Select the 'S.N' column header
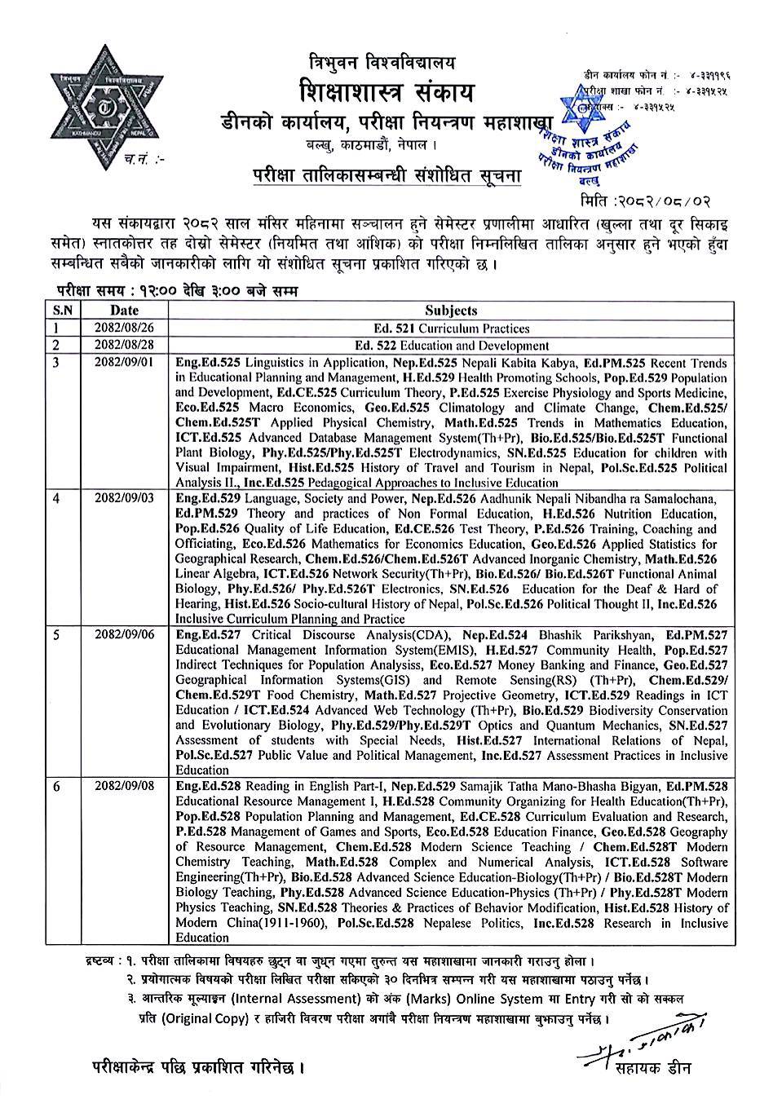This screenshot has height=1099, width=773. pyautogui.click(x=63, y=310)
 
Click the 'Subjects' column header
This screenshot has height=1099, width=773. pyautogui.click(x=451, y=310)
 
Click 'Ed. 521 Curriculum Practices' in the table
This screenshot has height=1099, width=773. pyautogui.click(x=452, y=329)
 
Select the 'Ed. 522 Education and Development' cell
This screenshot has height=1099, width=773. pyautogui.click(x=451, y=346)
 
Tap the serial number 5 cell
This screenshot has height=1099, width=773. pyautogui.click(x=57, y=634)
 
